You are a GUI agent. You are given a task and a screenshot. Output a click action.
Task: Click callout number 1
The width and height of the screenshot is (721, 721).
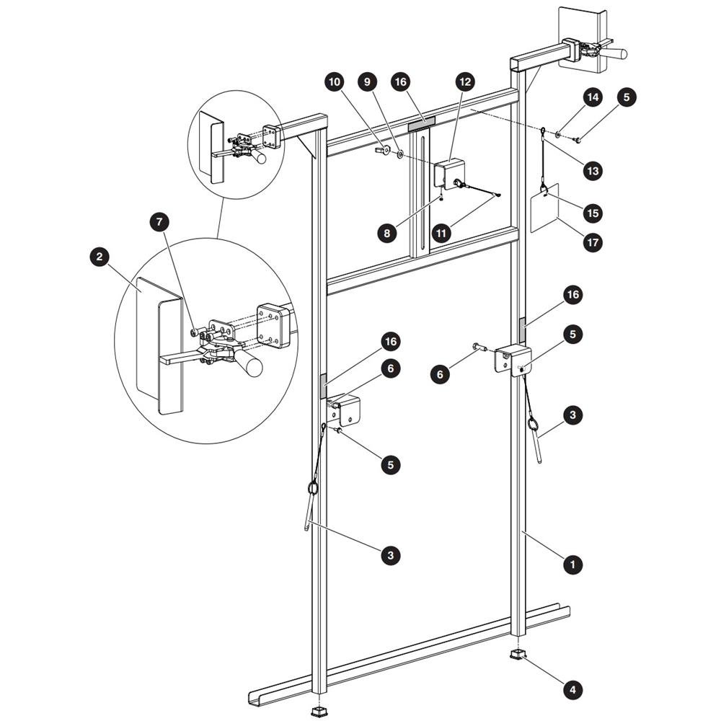click(x=572, y=565)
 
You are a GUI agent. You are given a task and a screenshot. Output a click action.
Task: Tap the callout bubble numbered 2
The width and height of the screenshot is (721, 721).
click(x=99, y=257)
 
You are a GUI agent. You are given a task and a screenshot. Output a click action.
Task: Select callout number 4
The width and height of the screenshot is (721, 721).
click(x=572, y=689)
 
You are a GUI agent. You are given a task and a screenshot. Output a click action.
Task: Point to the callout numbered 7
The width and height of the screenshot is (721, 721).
click(x=159, y=222)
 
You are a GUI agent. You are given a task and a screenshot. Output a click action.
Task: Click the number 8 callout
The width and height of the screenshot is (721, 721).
click(x=386, y=233)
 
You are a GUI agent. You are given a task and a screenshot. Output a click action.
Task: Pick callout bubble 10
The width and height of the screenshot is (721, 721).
click(x=335, y=82)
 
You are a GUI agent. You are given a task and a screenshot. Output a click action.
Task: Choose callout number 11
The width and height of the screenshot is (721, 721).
click(x=441, y=233)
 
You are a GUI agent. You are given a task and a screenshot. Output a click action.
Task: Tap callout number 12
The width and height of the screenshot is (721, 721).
click(x=465, y=82)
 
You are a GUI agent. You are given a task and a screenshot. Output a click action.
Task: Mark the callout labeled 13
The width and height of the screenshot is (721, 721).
click(x=593, y=171)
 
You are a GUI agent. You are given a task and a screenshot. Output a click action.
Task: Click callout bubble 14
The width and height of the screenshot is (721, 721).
click(x=593, y=97)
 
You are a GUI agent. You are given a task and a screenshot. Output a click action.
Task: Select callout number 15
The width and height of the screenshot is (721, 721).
click(x=593, y=213)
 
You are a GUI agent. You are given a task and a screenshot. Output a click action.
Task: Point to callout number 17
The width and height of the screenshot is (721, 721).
click(x=593, y=242)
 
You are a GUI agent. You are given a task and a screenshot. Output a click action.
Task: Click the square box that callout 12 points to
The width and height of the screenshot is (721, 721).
click(x=450, y=173)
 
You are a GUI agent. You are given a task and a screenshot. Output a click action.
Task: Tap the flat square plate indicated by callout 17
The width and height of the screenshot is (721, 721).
click(x=544, y=208)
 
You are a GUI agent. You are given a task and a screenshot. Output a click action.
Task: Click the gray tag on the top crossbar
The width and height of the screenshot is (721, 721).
click(x=422, y=124)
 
